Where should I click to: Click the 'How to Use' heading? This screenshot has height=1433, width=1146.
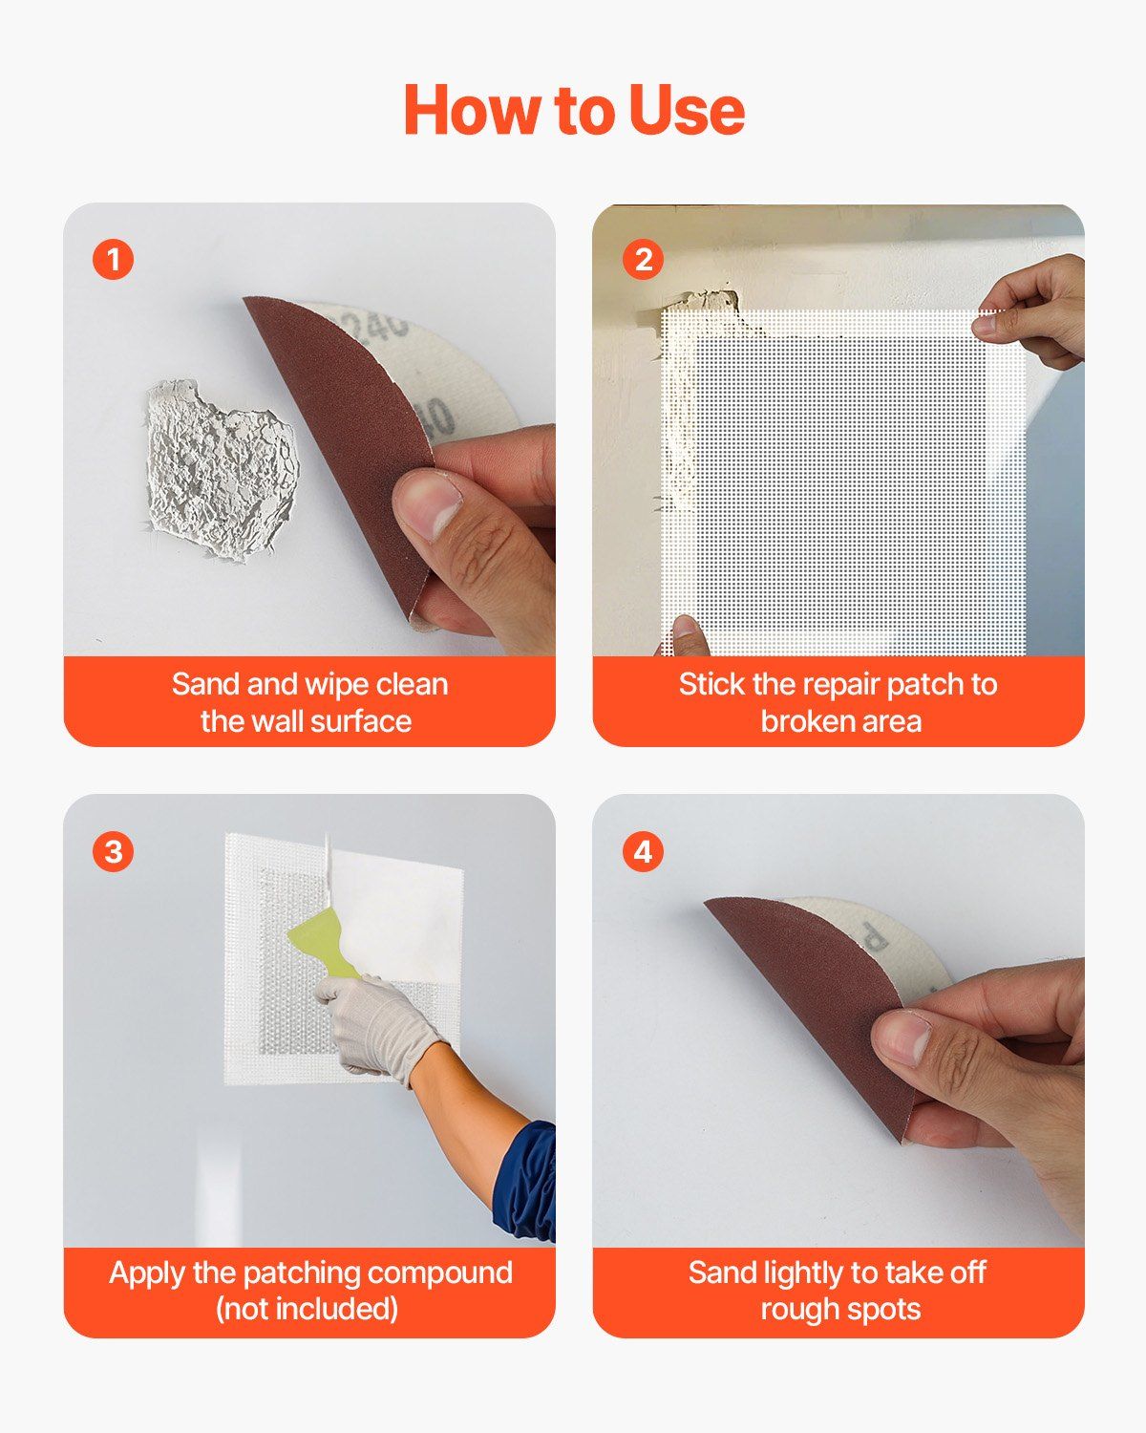[x=573, y=110]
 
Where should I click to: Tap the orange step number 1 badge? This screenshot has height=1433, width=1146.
[x=114, y=259]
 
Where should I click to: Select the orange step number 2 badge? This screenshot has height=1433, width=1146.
[x=643, y=259]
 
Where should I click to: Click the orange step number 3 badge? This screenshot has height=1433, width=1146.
[x=114, y=851]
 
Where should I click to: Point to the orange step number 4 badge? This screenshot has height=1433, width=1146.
[x=643, y=851]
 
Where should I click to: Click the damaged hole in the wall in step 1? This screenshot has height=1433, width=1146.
[x=220, y=469]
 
